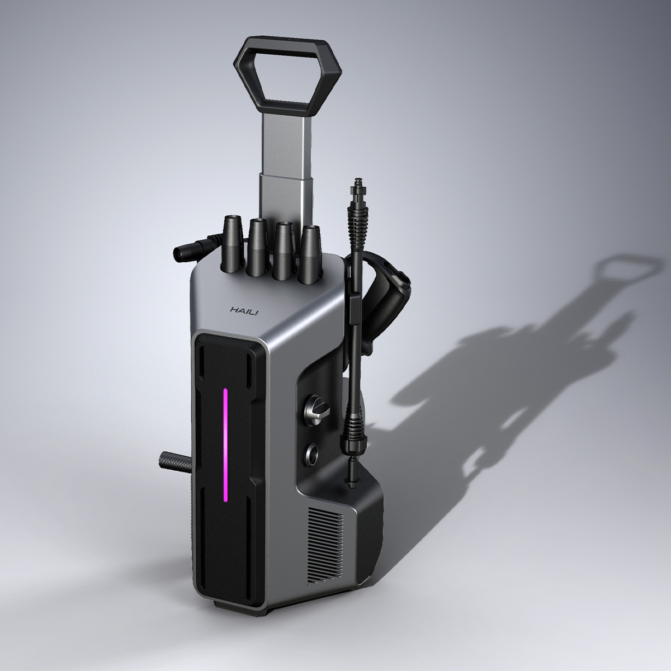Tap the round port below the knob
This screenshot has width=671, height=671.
312,453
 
